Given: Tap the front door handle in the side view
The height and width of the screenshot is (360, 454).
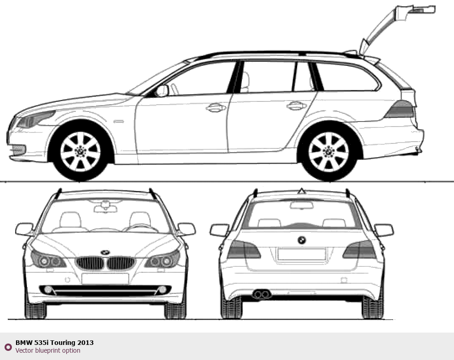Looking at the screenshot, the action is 216,107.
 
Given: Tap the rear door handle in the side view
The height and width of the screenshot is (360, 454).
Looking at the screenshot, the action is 296,106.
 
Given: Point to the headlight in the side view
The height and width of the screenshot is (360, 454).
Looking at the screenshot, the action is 35,119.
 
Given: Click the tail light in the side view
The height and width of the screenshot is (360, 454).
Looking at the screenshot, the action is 399,109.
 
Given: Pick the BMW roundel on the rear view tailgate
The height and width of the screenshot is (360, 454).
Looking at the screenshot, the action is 302,240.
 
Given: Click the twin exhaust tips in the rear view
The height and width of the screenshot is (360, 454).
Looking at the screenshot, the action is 262,294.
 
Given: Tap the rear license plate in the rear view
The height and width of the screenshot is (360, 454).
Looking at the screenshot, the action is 302,254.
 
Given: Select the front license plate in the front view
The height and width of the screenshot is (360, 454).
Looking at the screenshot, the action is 105,278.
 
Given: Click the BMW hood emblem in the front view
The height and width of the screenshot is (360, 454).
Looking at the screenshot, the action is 105,252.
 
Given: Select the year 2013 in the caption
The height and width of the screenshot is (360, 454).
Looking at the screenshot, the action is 85,343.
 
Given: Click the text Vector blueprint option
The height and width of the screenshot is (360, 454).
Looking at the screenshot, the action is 48,350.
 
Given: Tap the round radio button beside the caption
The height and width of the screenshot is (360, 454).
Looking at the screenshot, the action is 8,347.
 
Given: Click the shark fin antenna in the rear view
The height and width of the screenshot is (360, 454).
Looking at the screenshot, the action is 302,191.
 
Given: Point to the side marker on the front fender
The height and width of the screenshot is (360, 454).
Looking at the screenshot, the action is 118,122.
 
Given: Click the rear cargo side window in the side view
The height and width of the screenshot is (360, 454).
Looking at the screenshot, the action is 347,77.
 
